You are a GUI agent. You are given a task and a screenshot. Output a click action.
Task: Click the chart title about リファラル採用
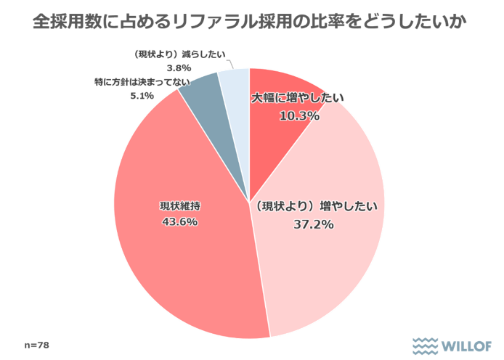pos(251,22)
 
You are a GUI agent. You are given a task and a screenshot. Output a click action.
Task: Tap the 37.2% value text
pos(314,224)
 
